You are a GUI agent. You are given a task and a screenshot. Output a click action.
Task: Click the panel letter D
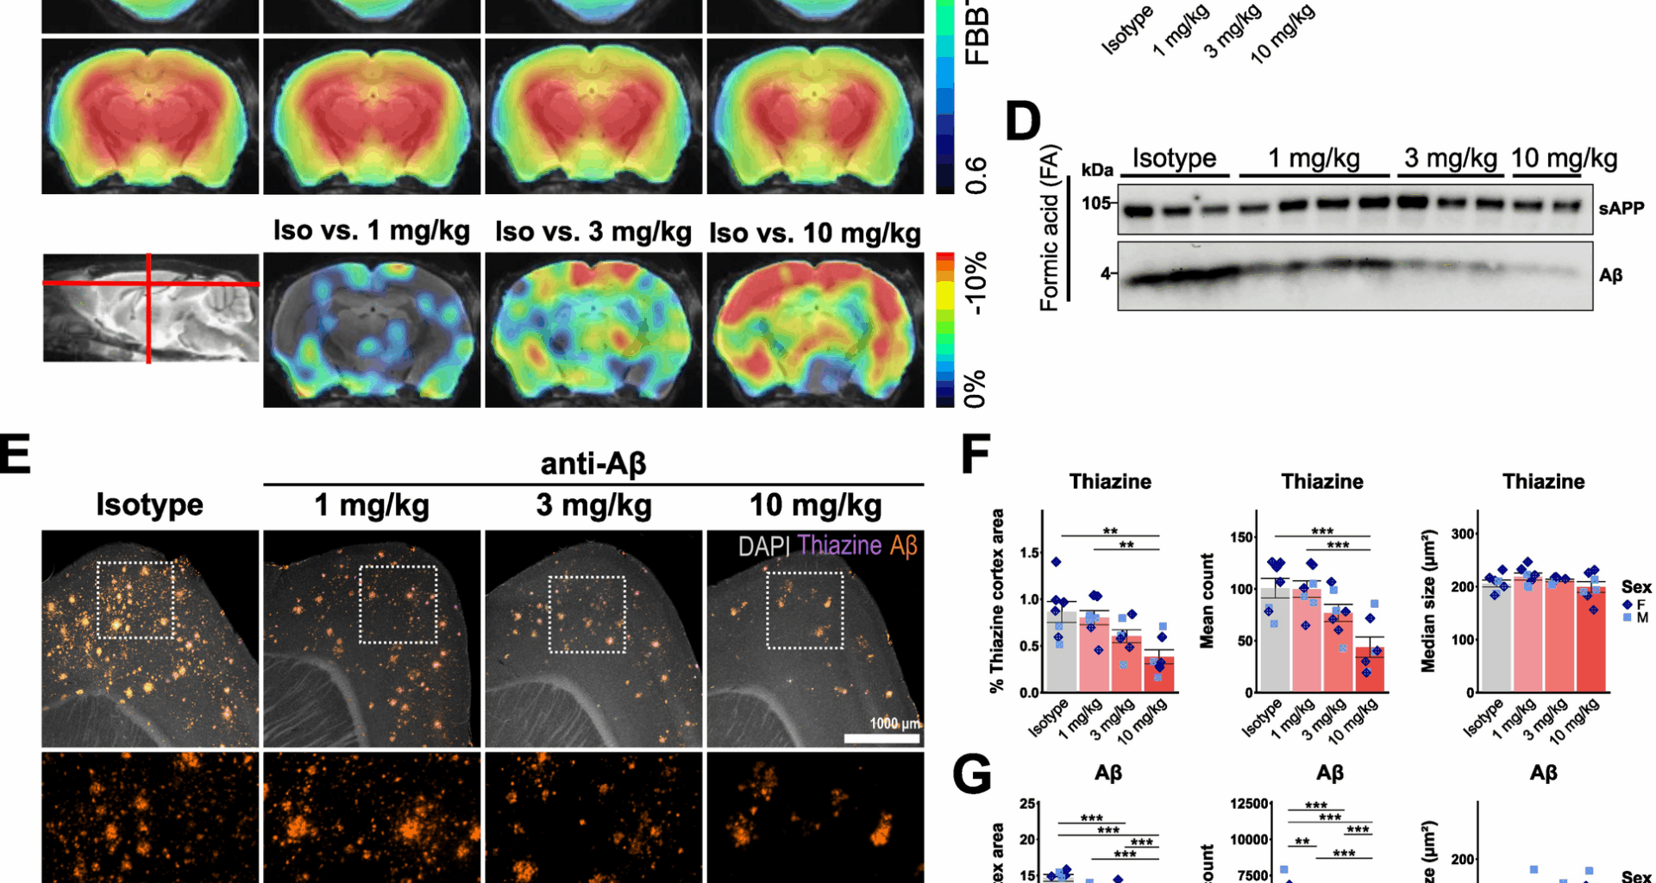1024,122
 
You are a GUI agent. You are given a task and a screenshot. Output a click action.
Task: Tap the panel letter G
972,773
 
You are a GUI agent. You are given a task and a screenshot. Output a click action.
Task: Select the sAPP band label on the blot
1621,208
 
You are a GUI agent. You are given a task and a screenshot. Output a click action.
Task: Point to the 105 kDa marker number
1095,204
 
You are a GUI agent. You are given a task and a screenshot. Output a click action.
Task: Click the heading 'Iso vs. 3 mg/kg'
593,232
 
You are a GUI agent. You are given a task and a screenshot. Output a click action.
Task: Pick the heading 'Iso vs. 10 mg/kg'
814,234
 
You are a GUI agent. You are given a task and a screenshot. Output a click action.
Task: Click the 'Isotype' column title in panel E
149,504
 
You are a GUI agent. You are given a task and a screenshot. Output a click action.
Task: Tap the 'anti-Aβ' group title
593,464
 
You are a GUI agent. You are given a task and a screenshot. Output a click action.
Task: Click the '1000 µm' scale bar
881,737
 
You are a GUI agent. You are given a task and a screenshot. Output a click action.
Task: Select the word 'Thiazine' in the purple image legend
839,545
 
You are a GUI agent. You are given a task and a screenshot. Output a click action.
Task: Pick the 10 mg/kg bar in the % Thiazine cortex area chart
1159,673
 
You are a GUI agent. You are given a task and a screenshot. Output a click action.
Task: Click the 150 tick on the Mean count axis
1241,537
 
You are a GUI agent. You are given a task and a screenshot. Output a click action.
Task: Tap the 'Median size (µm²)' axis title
1428,600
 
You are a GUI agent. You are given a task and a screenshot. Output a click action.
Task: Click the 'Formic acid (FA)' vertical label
1049,228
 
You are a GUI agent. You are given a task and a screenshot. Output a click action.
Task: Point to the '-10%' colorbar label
975,285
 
